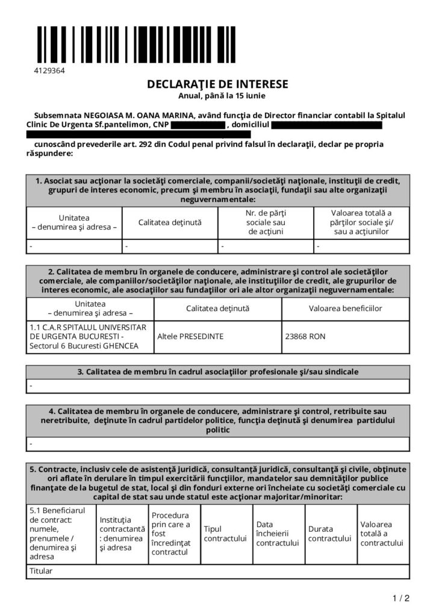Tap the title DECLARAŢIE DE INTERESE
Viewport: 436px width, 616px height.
(217, 84)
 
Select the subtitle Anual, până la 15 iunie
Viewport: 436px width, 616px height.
(217, 95)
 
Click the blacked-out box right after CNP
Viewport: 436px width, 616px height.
(197, 125)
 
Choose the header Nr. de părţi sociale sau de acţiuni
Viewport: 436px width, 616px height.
(266, 222)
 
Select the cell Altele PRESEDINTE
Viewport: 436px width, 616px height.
(190, 336)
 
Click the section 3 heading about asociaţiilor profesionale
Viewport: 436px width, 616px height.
(217, 372)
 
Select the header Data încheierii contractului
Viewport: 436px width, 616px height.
(278, 534)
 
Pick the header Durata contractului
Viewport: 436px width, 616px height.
(329, 534)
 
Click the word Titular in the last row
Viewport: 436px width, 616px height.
(41, 571)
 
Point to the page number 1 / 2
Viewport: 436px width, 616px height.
(400, 598)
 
